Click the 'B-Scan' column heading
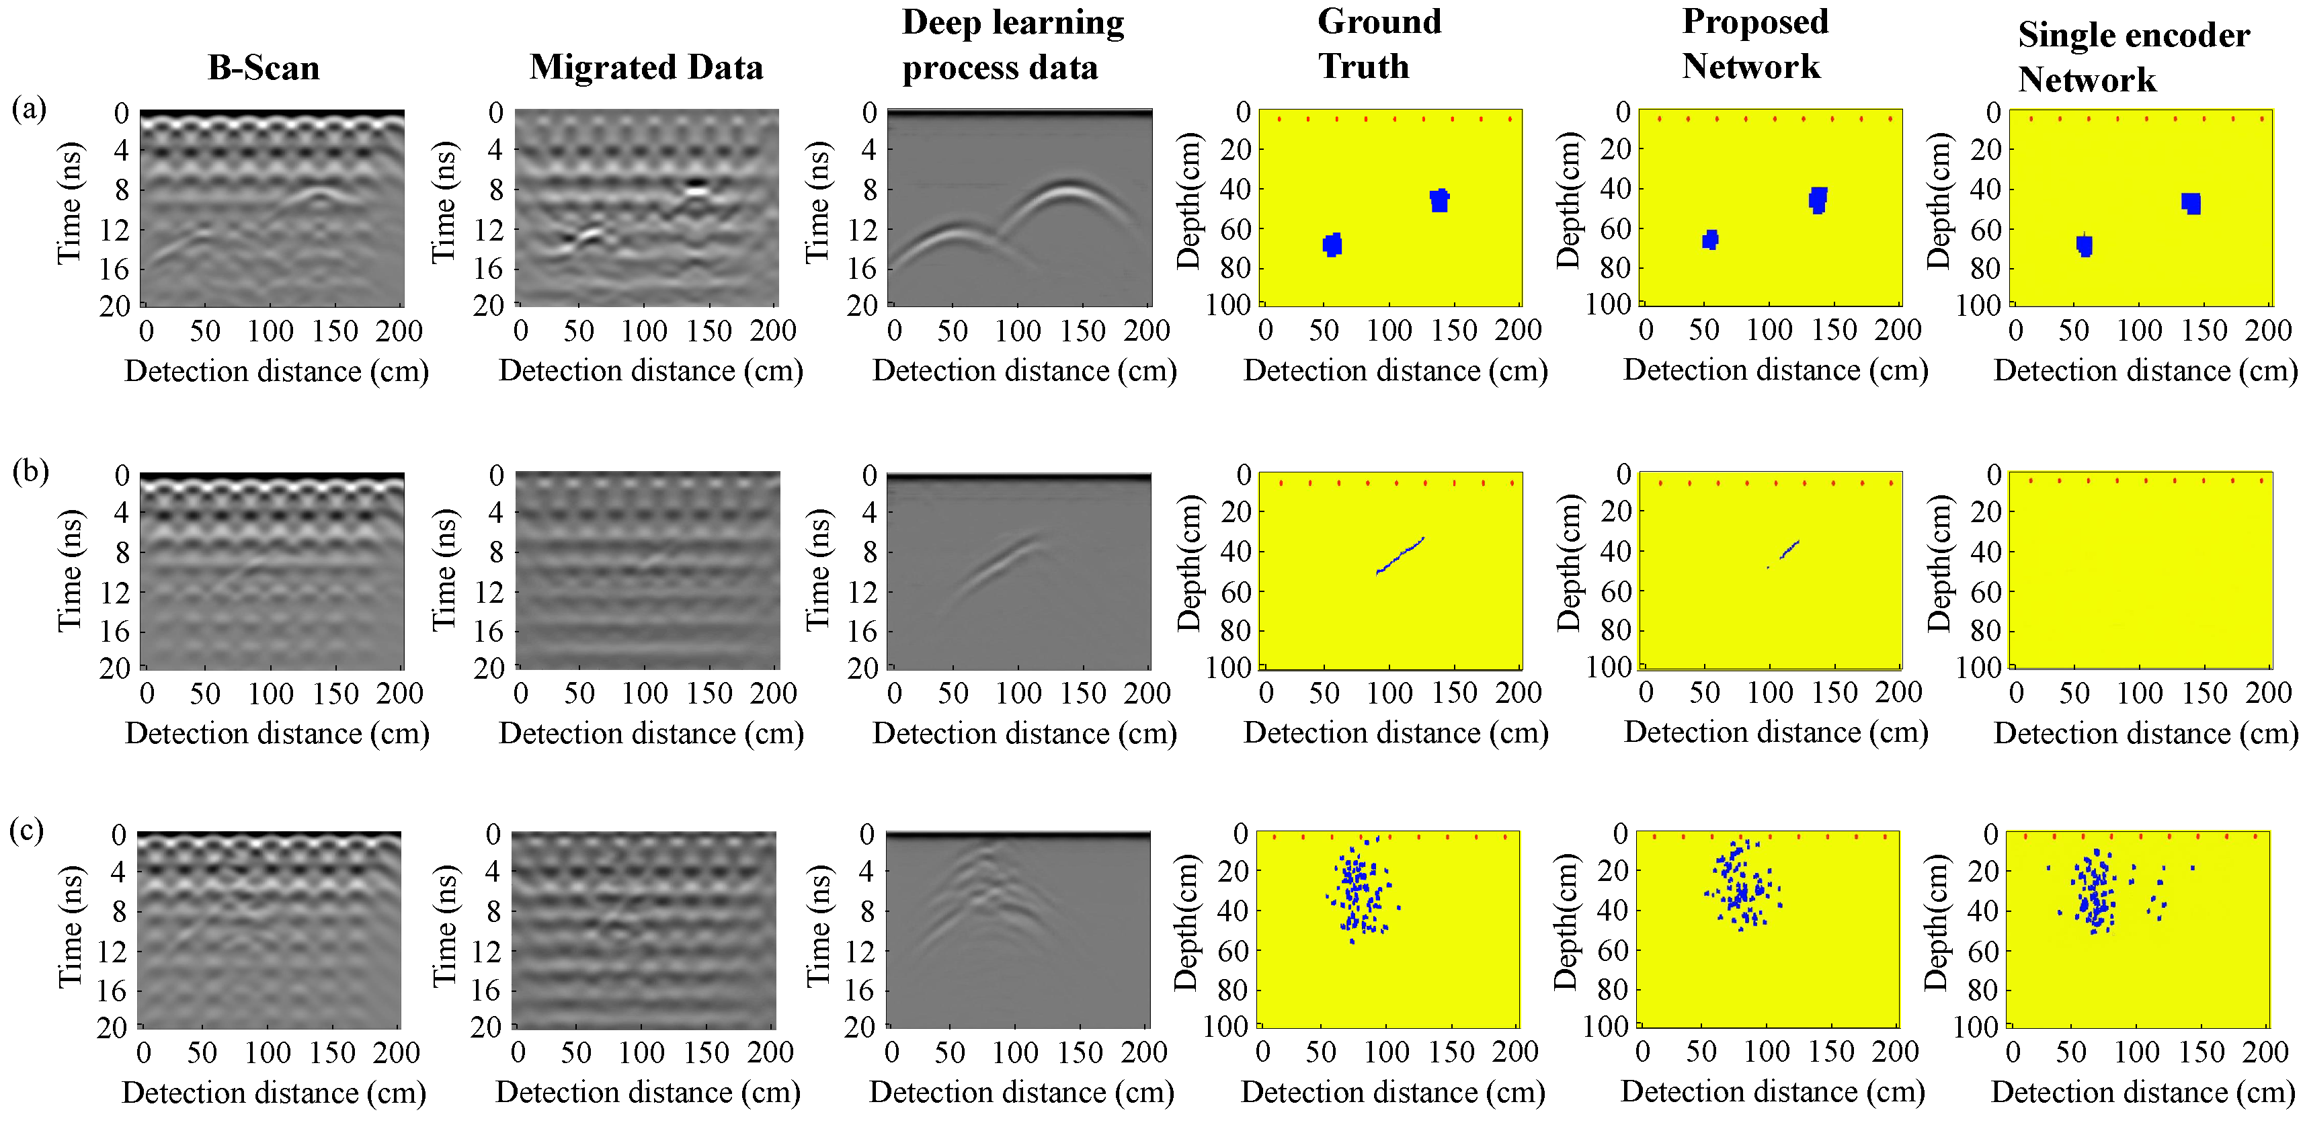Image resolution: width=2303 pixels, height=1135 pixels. click(x=264, y=68)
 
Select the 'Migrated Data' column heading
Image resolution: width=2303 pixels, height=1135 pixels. click(x=647, y=68)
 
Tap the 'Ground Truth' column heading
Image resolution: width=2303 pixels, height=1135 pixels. click(x=1379, y=44)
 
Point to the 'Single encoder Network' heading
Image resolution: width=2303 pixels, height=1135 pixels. click(x=2132, y=57)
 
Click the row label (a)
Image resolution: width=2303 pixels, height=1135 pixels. click(x=29, y=108)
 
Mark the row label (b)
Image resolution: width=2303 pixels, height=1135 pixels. click(x=30, y=470)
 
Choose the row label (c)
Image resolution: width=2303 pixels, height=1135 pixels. click(x=27, y=830)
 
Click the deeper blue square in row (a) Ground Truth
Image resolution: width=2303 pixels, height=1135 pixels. click(x=1332, y=244)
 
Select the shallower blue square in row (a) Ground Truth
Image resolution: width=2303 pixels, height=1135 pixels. click(x=1439, y=200)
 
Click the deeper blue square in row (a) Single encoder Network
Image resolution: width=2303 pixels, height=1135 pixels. click(x=2084, y=245)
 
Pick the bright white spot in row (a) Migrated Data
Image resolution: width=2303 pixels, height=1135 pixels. click(x=697, y=187)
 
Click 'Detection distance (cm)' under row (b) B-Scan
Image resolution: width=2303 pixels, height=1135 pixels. click(x=277, y=733)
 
